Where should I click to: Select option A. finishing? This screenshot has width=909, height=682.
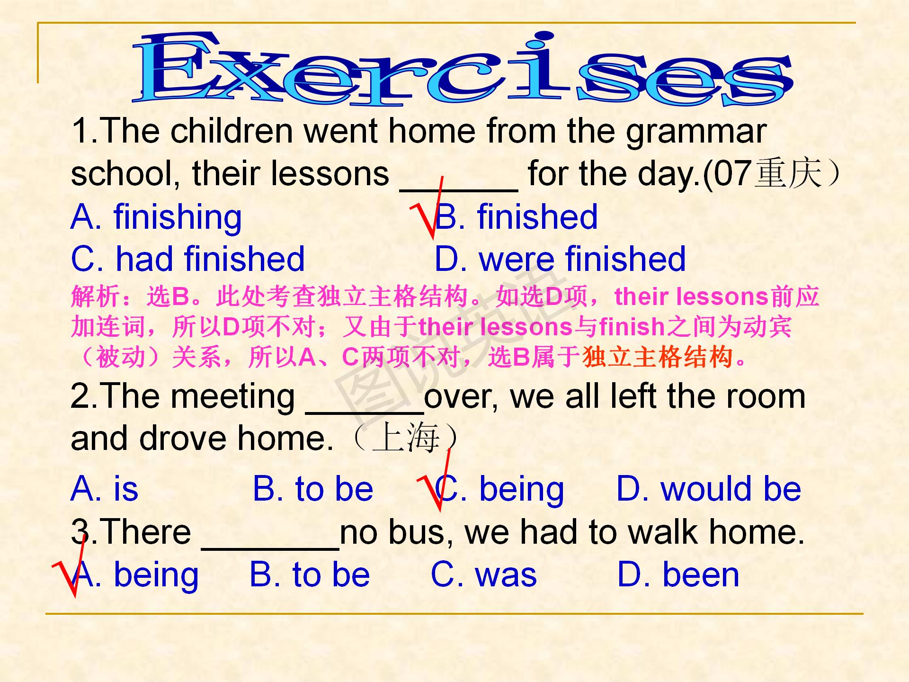156,217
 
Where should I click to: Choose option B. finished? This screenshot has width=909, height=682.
516,217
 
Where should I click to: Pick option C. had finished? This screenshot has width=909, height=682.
187,259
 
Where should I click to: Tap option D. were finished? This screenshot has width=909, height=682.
560,259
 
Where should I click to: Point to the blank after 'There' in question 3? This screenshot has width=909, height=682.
270,548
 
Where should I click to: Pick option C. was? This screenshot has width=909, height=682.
484,575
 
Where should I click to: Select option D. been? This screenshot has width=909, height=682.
678,575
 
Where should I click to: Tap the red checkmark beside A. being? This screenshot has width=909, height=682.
70,566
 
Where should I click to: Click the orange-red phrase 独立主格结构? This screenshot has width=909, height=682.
659,357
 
